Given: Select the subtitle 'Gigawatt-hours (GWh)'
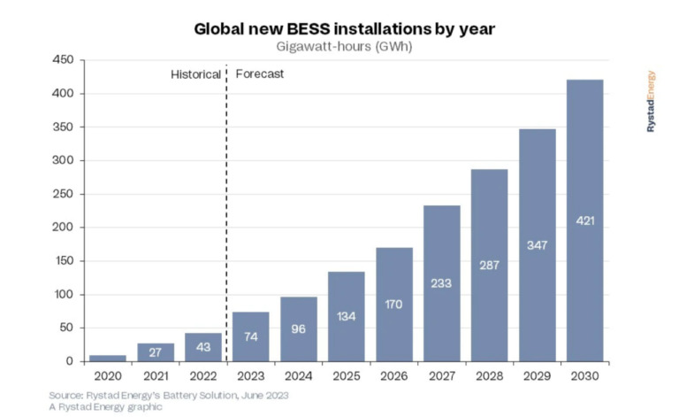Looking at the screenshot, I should (345, 47).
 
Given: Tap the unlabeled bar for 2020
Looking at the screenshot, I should (107, 358).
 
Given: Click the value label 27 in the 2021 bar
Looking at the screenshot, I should (155, 352).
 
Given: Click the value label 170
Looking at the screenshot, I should (393, 305).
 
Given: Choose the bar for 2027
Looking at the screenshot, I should (441, 283).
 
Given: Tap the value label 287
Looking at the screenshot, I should (489, 265).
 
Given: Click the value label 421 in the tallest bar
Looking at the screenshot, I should (584, 220).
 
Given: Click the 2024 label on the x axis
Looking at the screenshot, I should (298, 375).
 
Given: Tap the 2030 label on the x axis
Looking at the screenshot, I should (584, 375).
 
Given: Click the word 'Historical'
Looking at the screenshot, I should (195, 74).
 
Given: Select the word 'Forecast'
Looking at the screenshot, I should (259, 74).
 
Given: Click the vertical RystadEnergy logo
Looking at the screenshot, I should (652, 101).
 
